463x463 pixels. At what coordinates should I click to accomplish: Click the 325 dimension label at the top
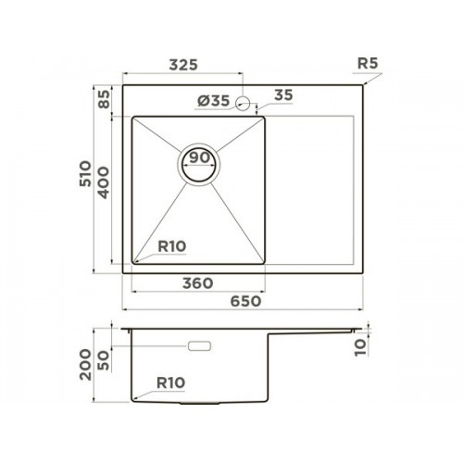point(183,65)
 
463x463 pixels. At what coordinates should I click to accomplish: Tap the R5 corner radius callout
point(368,63)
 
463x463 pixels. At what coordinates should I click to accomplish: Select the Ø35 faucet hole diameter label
point(214,101)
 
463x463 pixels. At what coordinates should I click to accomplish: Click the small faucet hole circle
point(243,103)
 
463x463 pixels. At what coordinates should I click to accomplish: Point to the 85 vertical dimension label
point(104,99)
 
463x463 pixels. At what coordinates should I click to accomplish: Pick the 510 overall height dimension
point(85,173)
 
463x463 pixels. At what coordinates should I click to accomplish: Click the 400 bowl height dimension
point(104,182)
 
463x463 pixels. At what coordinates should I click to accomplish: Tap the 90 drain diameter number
point(199,157)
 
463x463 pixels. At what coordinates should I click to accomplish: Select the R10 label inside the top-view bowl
point(172,246)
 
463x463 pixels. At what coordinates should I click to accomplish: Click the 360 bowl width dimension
point(198,283)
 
